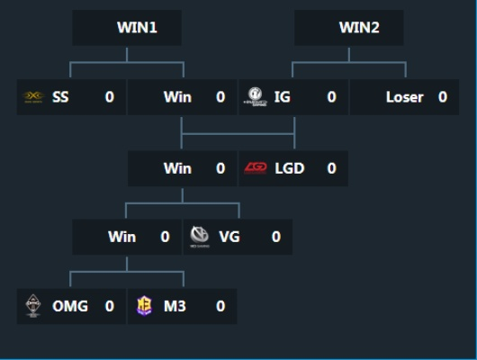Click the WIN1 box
[x=127, y=28]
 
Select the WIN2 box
[x=349, y=28]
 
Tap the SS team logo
[x=32, y=97]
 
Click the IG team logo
[x=256, y=97]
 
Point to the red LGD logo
[x=256, y=168]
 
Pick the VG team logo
[x=200, y=238]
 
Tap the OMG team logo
[x=32, y=306]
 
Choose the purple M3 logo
[x=144, y=306]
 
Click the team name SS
[x=60, y=97]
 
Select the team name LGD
[x=289, y=168]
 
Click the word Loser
[x=404, y=97]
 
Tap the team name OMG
[x=70, y=306]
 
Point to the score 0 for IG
[x=331, y=97]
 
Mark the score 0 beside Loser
[x=443, y=97]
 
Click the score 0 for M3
[x=220, y=306]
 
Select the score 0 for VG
[x=276, y=238]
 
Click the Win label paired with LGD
[x=177, y=168]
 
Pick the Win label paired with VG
[x=121, y=238]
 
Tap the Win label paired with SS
[x=177, y=97]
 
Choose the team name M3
[x=174, y=306]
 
